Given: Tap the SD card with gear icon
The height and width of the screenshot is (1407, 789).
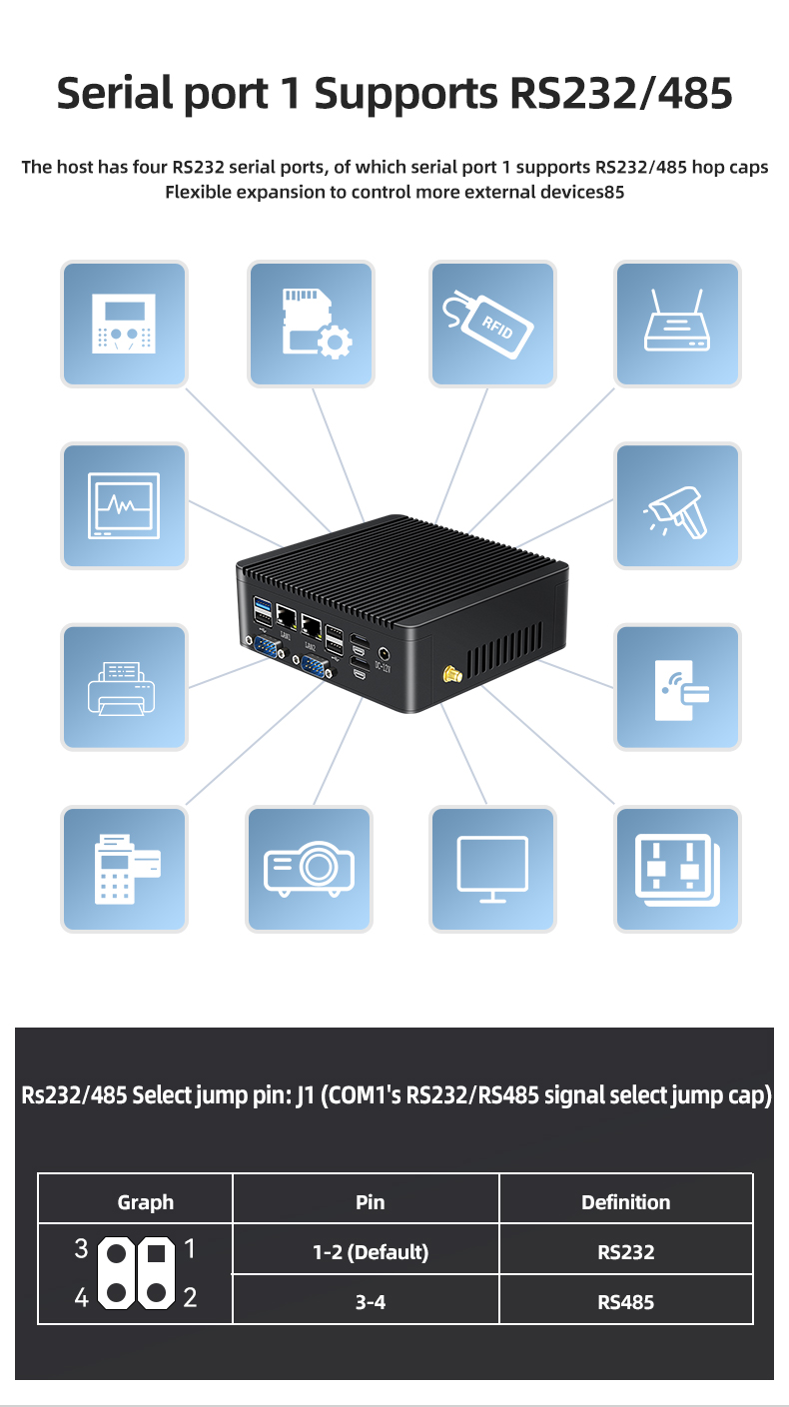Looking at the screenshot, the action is pyautogui.click(x=316, y=324).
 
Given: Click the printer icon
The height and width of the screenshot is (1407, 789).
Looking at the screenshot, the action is pyautogui.click(x=121, y=688).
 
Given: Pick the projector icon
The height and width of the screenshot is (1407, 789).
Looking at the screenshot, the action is pyautogui.click(x=309, y=869).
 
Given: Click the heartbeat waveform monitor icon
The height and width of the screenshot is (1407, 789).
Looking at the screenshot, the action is pyautogui.click(x=124, y=505).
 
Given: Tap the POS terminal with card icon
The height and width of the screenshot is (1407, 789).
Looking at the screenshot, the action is pyautogui.click(x=127, y=870).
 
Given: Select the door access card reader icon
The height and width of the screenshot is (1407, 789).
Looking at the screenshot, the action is pyautogui.click(x=681, y=690).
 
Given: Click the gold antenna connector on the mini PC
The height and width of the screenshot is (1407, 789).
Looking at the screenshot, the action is pyautogui.click(x=452, y=675).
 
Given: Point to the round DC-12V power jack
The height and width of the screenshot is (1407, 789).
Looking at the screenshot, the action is pyautogui.click(x=384, y=654).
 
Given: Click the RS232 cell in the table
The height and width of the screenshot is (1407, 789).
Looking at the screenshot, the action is pyautogui.click(x=625, y=1252).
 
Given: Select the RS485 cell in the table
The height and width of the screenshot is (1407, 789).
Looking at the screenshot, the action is pyautogui.click(x=625, y=1302).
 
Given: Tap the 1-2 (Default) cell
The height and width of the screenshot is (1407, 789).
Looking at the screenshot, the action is pyautogui.click(x=371, y=1252).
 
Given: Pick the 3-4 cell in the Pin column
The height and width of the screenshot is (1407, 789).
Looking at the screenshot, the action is pyautogui.click(x=371, y=1302).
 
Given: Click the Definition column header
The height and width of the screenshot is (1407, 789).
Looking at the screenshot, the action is pyautogui.click(x=625, y=1201).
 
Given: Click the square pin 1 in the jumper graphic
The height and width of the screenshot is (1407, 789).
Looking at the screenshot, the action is pyautogui.click(x=156, y=1254).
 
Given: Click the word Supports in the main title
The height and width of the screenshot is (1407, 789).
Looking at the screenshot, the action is pyautogui.click(x=405, y=94).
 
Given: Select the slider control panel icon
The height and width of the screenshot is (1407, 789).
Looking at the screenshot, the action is pyautogui.click(x=677, y=870).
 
